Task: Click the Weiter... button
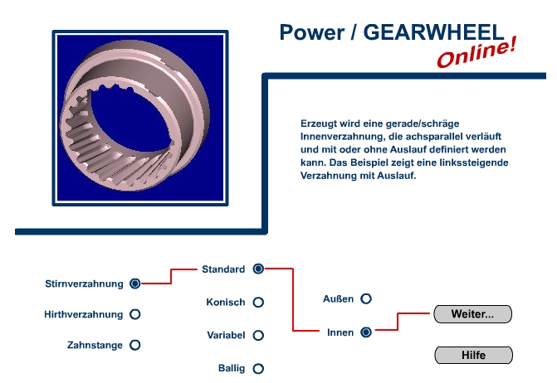point(473,314)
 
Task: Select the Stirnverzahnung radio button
point(135,284)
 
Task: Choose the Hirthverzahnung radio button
point(135,314)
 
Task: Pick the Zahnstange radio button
point(135,345)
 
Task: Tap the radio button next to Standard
point(258,269)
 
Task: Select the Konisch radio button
point(258,302)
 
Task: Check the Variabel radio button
point(258,335)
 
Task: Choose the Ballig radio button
point(258,368)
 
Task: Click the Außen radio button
point(366,298)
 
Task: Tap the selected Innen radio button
point(366,332)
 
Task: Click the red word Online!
point(476,52)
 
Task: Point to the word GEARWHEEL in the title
point(433,32)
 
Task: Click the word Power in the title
point(312,32)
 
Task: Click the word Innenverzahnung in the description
point(342,137)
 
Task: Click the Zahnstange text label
point(95,345)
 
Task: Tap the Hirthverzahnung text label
point(84,314)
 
